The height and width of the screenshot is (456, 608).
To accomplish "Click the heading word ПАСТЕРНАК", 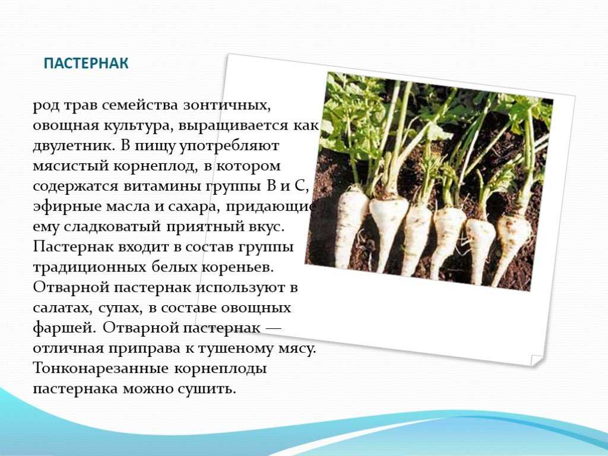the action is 85,63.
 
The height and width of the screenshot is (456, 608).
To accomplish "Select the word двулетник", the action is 73,146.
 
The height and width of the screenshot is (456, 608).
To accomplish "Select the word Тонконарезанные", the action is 101,368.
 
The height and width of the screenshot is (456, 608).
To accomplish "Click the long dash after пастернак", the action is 273,328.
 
